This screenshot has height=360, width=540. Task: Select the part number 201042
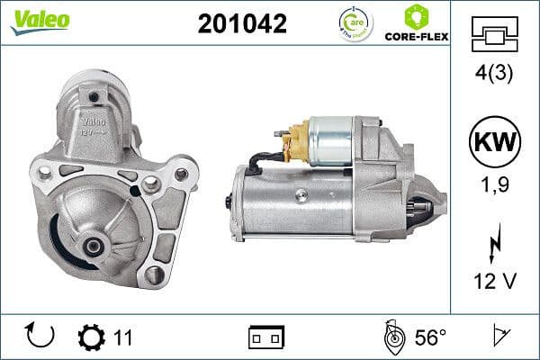pyautogui.click(x=241, y=24)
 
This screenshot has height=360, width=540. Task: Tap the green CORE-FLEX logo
pyautogui.click(x=417, y=24)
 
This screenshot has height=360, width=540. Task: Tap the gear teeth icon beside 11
pyautogui.click(x=91, y=337)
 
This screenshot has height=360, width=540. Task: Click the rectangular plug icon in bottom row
pyautogui.click(x=265, y=337)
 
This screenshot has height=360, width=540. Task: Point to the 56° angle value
pyautogui.click(x=430, y=337)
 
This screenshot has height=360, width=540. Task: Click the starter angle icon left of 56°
pyautogui.click(x=392, y=337)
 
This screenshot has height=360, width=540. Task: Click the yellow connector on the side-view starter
pyautogui.click(x=294, y=144)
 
